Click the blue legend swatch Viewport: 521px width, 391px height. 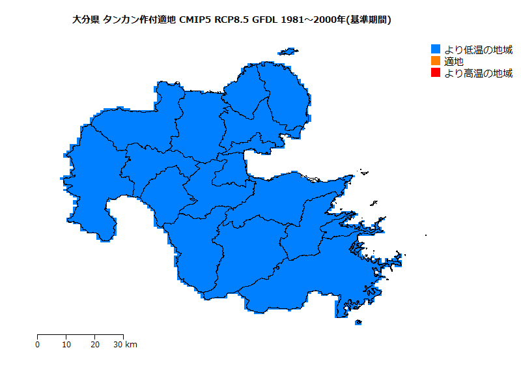click(x=436, y=50)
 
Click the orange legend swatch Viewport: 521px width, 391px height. click(x=436, y=61)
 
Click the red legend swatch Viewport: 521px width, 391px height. click(x=436, y=73)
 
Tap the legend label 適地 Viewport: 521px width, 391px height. click(x=454, y=61)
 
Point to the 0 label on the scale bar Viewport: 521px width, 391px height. click(x=37, y=344)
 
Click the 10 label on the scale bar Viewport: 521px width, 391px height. click(x=66, y=344)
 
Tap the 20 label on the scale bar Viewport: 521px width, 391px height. click(x=94, y=344)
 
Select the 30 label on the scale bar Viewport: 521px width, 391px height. click(x=118, y=344)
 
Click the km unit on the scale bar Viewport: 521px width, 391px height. click(x=131, y=344)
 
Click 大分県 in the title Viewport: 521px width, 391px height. click(x=85, y=20)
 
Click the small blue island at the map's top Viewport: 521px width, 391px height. click(x=287, y=51)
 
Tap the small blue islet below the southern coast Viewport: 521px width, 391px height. click(x=358, y=322)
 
